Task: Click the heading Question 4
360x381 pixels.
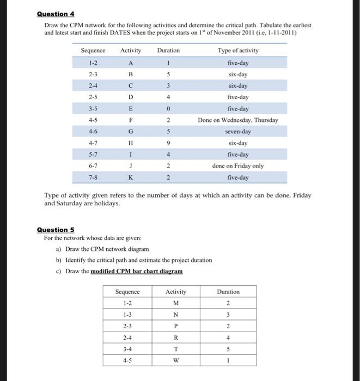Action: [55, 14]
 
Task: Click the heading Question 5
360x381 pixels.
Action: [55, 230]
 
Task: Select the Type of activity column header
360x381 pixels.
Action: [238, 51]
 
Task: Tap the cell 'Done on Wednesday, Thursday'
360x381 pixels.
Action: [238, 120]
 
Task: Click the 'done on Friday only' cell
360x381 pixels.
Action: [238, 166]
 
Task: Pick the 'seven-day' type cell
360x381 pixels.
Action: [238, 132]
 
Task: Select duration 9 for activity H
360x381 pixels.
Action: [168, 143]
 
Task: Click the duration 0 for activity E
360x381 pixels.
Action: [168, 108]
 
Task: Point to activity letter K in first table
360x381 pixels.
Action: [130, 178]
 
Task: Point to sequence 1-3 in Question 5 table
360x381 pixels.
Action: [127, 315]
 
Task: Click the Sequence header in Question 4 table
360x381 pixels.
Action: [93, 51]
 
